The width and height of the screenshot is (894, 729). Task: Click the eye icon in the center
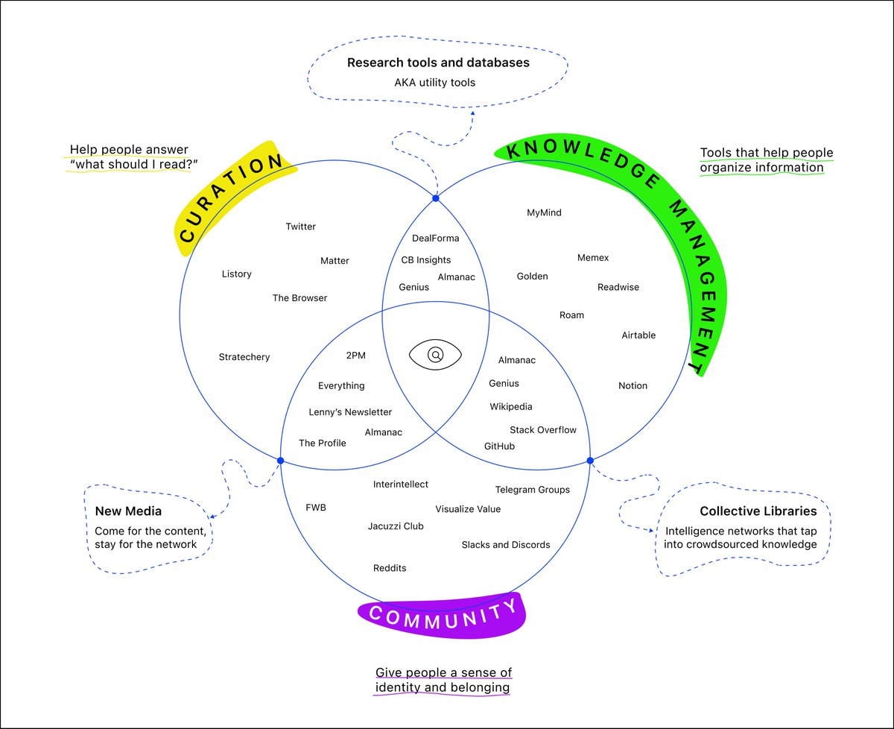coord(435,354)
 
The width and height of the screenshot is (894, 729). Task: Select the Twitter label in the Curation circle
coord(300,227)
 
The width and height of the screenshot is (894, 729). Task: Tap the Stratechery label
coord(244,357)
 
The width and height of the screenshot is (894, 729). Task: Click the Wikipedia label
coord(510,407)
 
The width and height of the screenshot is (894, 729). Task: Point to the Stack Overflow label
coord(542,430)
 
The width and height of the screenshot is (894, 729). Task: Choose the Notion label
coord(633,386)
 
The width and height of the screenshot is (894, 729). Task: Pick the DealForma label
coord(435,239)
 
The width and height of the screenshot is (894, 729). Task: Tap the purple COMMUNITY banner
coord(443,616)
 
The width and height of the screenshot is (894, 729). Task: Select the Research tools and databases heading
coord(438,63)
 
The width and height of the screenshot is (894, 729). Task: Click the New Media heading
coord(128,511)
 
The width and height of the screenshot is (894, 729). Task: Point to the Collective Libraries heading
coord(758,511)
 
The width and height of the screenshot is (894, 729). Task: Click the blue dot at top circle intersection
coord(436,198)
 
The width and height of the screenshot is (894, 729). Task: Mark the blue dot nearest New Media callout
coord(281,461)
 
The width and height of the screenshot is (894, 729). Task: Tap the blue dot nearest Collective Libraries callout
coord(590,460)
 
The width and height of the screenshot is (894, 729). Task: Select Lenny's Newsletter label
coord(350,412)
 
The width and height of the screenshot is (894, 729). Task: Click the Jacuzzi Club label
coord(395,526)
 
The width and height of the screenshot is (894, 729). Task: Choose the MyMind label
coord(544,212)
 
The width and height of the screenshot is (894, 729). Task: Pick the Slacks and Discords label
coord(505,545)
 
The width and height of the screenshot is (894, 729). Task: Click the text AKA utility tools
coord(434,83)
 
